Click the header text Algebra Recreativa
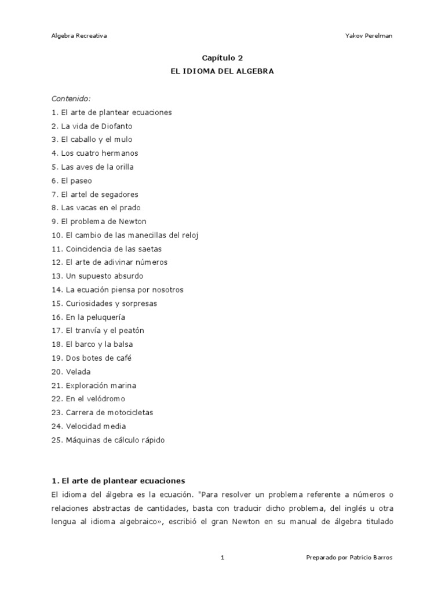click(x=79, y=35)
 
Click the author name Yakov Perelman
click(x=369, y=35)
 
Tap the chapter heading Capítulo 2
click(x=222, y=58)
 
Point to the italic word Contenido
click(x=71, y=98)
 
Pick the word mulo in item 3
click(x=140, y=140)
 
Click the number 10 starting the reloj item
click(x=56, y=235)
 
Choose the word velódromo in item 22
click(x=105, y=399)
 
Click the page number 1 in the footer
click(x=222, y=557)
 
